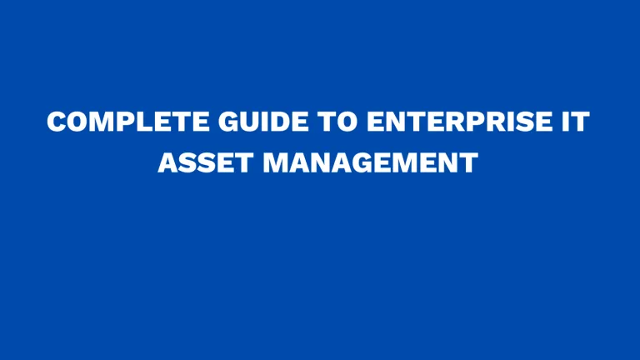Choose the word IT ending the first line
tap(574, 123)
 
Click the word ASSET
tap(204, 162)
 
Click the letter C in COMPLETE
tap(57, 123)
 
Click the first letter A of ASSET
tap(166, 162)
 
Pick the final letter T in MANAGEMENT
tap(471, 162)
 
